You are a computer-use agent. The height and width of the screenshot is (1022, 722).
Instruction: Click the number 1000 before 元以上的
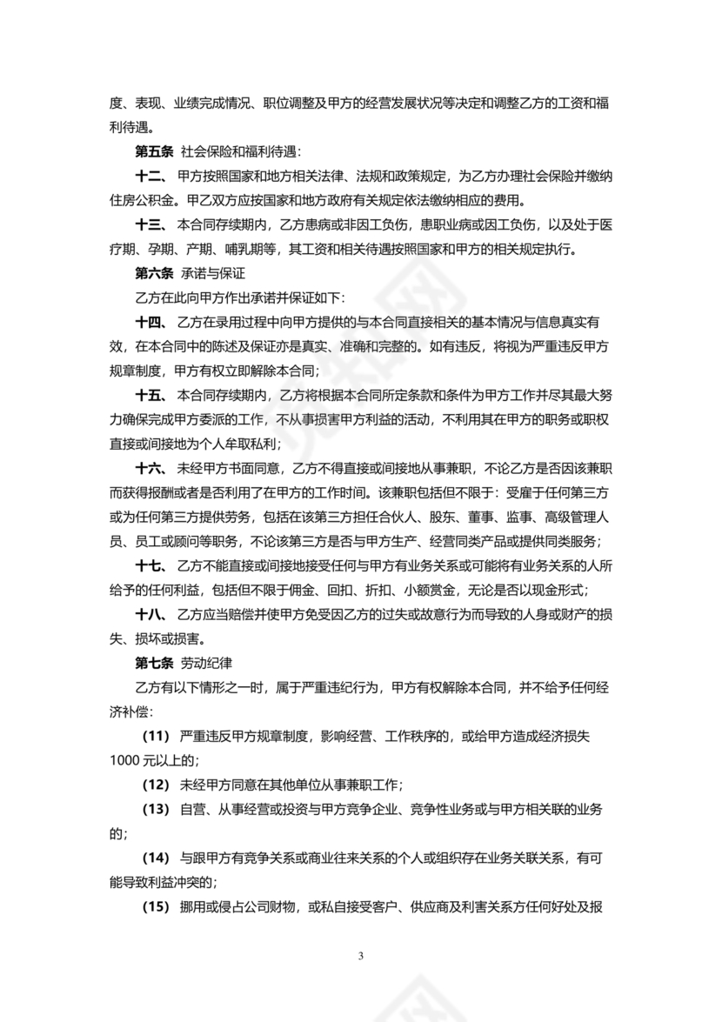pyautogui.click(x=125, y=760)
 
